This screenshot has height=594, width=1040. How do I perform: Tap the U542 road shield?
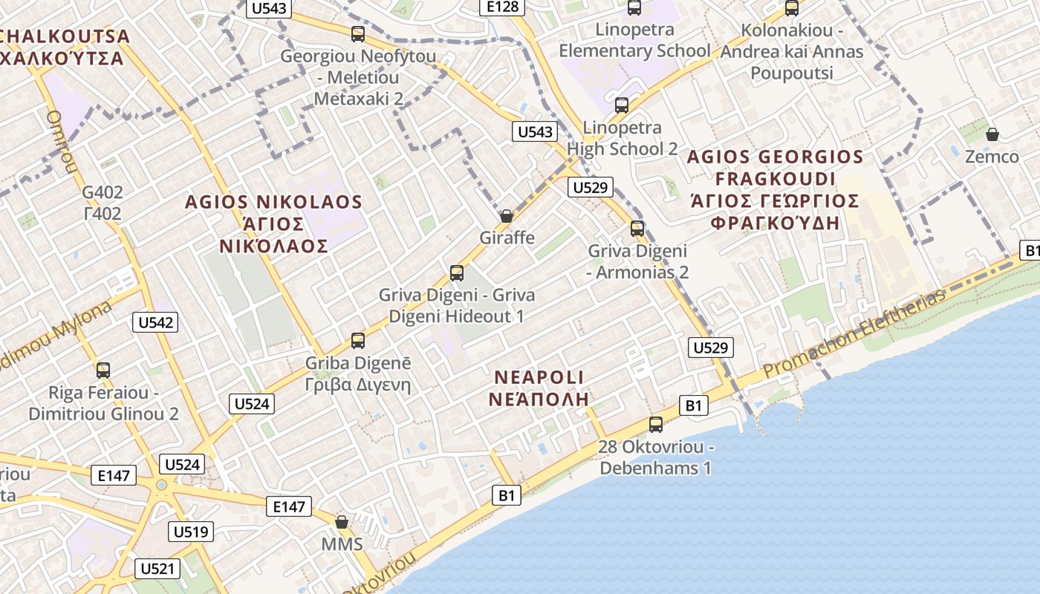[155, 322]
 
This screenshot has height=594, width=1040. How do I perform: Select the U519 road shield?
[192, 532]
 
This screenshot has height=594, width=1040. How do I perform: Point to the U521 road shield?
[157, 569]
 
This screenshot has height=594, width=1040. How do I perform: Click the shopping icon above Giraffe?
[507, 216]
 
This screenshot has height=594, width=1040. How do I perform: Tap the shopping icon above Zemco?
[992, 134]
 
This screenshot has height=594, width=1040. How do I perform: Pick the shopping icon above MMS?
[342, 522]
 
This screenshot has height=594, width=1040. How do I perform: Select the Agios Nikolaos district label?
[273, 223]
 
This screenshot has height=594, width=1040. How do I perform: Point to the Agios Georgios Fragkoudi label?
[775, 190]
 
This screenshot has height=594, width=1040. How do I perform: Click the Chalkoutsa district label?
[63, 46]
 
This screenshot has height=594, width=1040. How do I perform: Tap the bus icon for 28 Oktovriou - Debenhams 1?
[655, 425]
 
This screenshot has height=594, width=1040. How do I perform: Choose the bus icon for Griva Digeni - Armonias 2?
[637, 228]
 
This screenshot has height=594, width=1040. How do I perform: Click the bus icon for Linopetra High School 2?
[622, 105]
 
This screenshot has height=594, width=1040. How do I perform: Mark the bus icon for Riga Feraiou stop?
[103, 370]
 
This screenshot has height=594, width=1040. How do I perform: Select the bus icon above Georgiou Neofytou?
[358, 34]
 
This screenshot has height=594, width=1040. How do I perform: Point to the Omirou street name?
[62, 141]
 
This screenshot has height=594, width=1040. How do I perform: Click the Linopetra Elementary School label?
[634, 40]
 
